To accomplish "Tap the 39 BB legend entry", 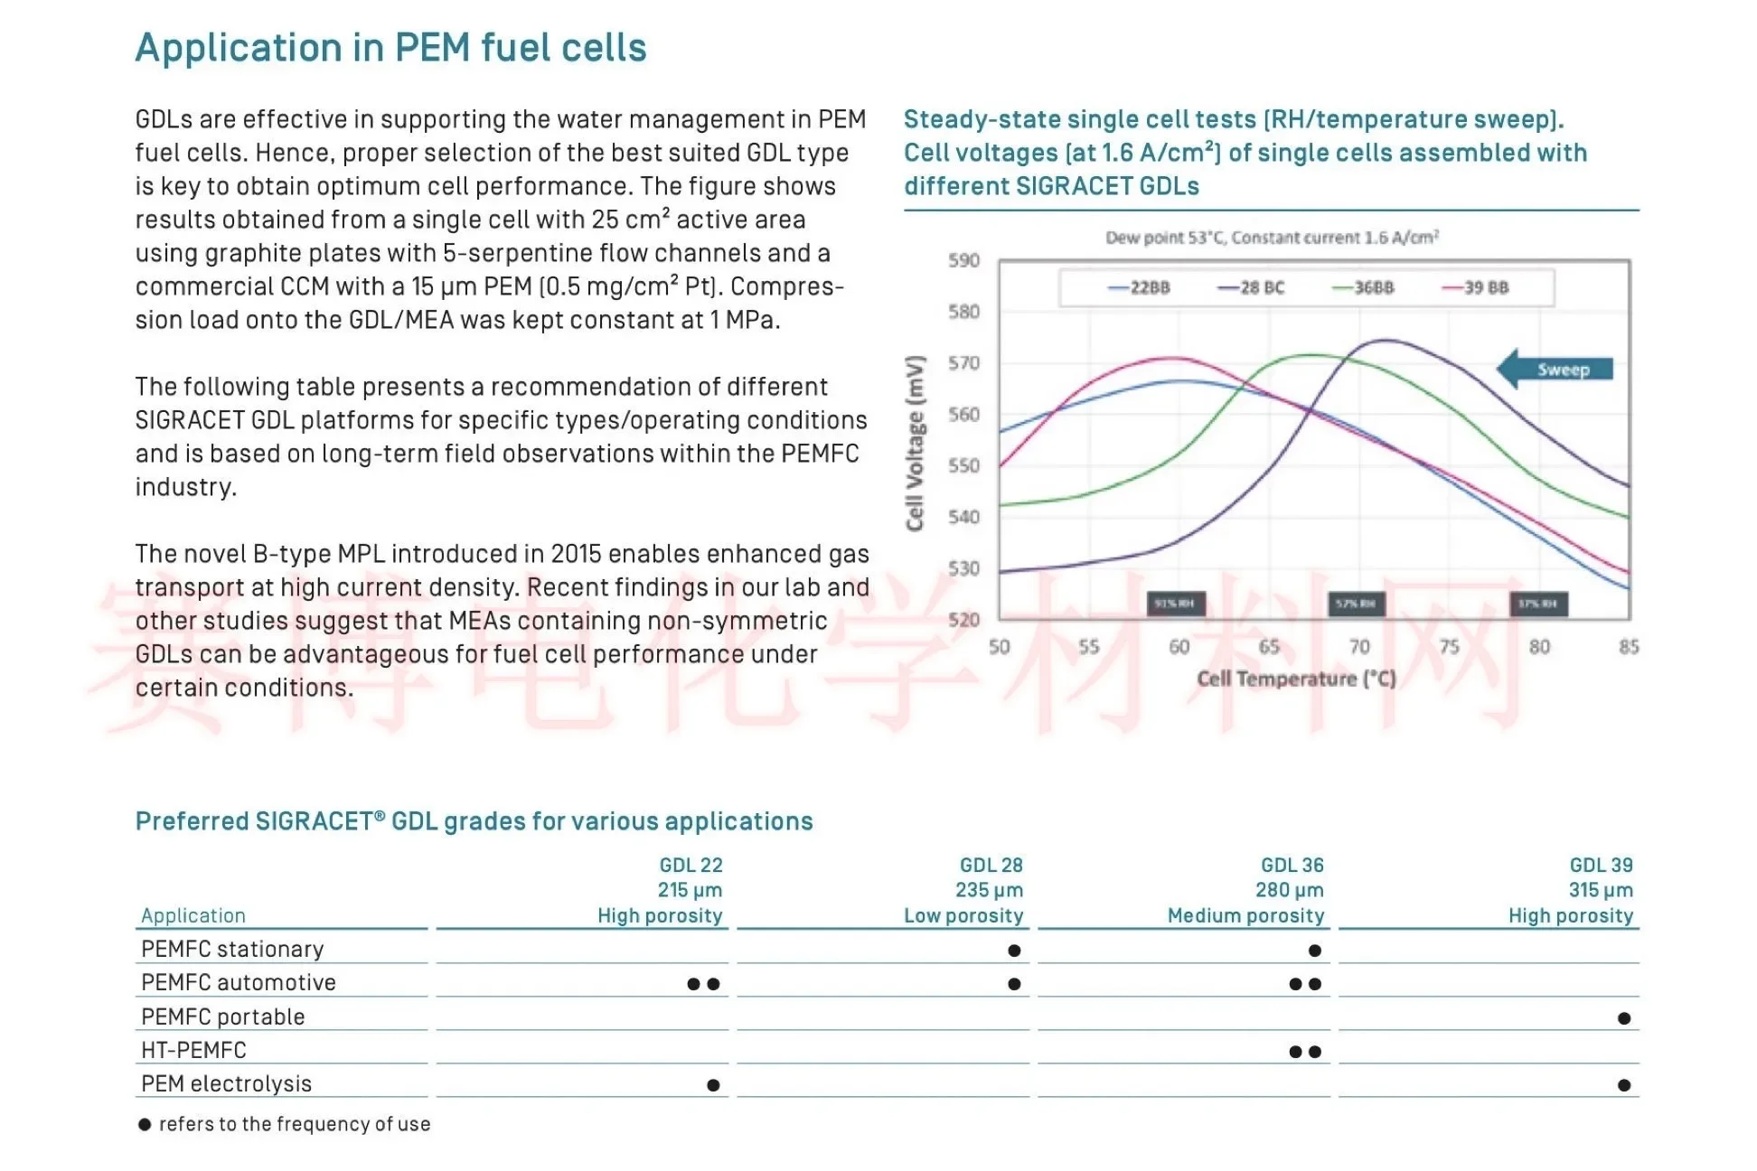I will coord(1475,287).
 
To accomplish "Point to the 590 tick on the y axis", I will coord(963,260).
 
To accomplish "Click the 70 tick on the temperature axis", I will coord(1359,647).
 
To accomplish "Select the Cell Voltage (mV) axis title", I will coord(915,443).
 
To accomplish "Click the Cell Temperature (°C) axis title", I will coord(1296,679).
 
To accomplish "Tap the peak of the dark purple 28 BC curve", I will coord(1385,341).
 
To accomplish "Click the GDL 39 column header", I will coord(1601,865).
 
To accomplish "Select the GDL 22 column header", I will coord(691,865).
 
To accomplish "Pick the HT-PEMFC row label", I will coord(193,1050).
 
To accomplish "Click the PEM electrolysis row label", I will coord(226,1083).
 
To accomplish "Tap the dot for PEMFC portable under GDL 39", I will coord(1624,1018).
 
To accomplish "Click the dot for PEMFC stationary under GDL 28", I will coord(1014,951).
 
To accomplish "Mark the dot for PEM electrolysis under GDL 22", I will coord(713,1085).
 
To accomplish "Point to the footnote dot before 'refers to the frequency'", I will coord(145,1125).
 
